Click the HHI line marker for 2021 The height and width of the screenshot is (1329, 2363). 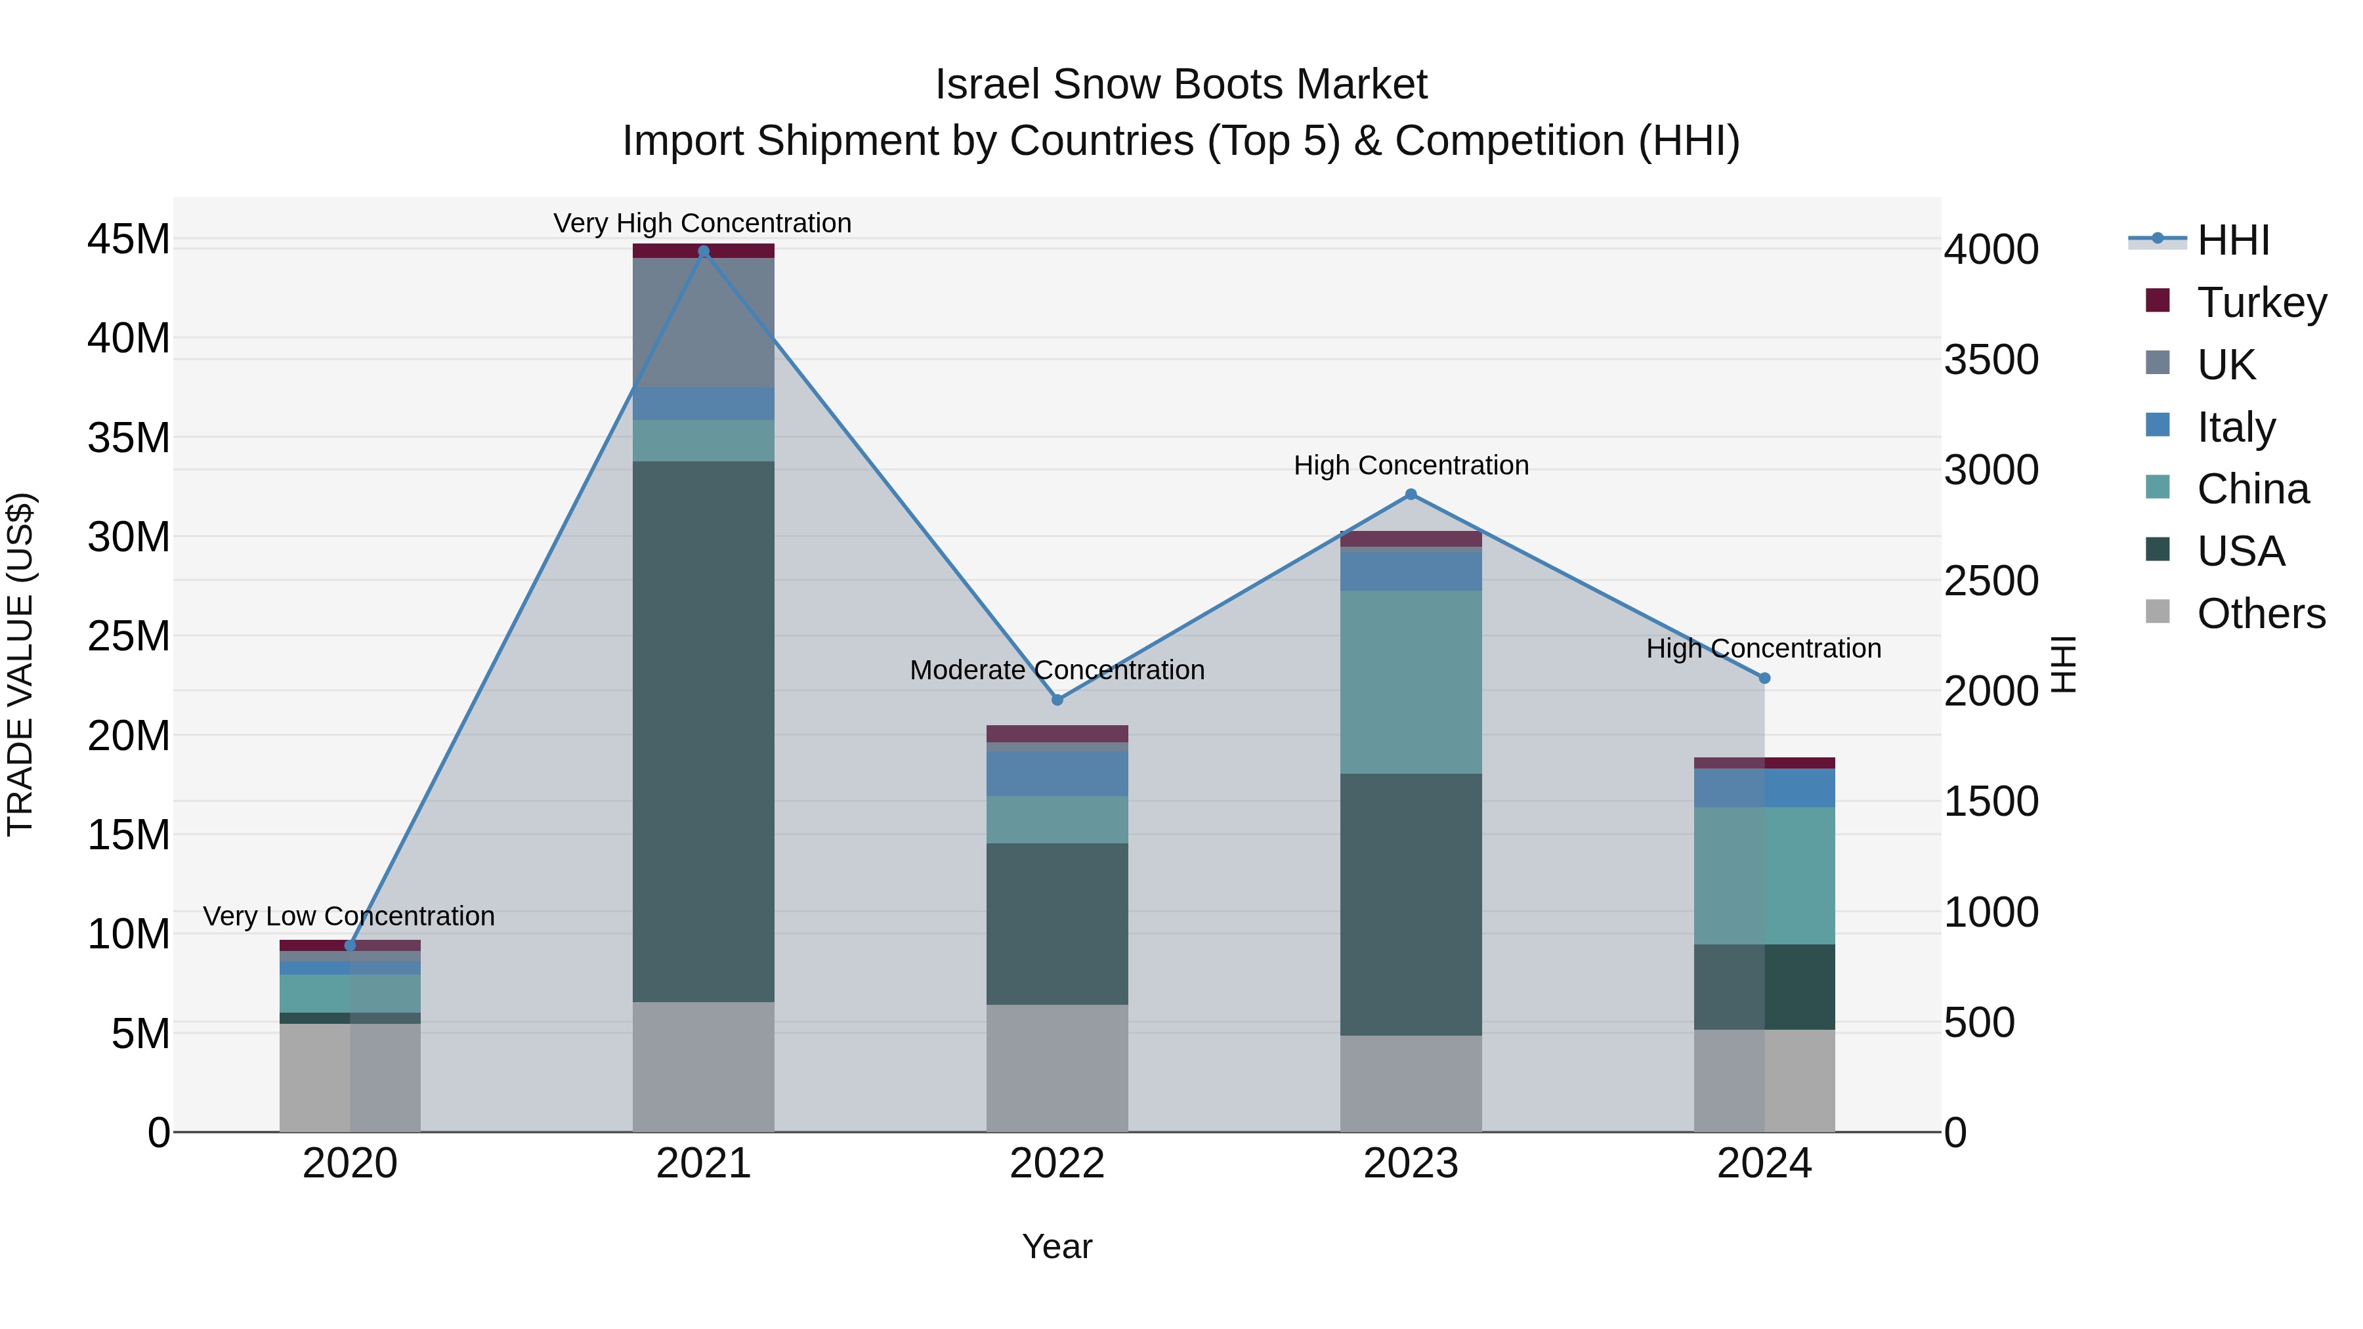[704, 251]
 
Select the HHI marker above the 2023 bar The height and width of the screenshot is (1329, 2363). [1411, 494]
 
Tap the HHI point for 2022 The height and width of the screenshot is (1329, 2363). [1057, 700]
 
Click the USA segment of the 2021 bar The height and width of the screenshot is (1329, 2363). [704, 731]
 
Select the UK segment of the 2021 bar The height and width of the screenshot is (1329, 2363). [704, 322]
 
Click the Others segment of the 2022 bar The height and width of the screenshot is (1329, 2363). [1057, 1068]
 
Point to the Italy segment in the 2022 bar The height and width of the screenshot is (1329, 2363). [1057, 773]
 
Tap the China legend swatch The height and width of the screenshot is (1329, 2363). [2158, 487]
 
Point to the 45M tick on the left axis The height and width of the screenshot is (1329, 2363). [129, 240]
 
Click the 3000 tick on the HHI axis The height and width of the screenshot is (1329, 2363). [1991, 470]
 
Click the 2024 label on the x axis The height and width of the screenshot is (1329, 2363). [1763, 1164]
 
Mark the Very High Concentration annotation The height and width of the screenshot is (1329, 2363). [702, 223]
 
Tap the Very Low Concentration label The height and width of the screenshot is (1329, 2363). [349, 916]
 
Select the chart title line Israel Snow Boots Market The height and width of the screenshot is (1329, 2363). [1181, 85]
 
